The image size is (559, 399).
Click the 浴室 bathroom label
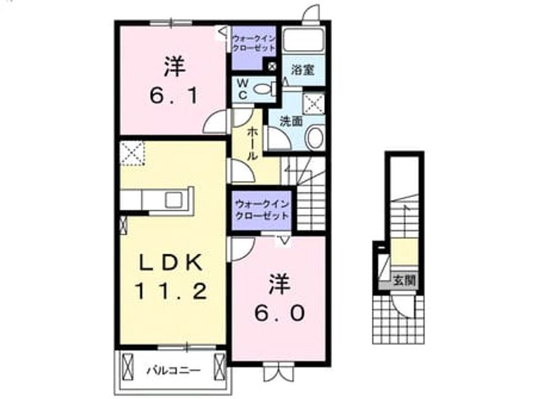[x=303, y=70]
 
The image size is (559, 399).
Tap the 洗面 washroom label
[x=291, y=121]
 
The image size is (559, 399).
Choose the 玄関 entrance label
[x=404, y=281]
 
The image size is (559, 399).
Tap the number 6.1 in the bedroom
[x=174, y=96]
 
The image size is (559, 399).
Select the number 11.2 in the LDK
[x=170, y=291]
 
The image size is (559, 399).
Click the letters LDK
[x=170, y=263]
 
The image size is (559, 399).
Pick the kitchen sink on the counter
[x=174, y=199]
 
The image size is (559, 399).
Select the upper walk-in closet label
[x=254, y=43]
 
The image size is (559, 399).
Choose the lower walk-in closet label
[x=262, y=210]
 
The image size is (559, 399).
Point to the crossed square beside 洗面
[x=314, y=104]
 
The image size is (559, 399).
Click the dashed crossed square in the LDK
[x=132, y=153]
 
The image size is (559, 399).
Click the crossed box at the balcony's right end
[x=219, y=367]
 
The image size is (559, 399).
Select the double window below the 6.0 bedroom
[x=279, y=372]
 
